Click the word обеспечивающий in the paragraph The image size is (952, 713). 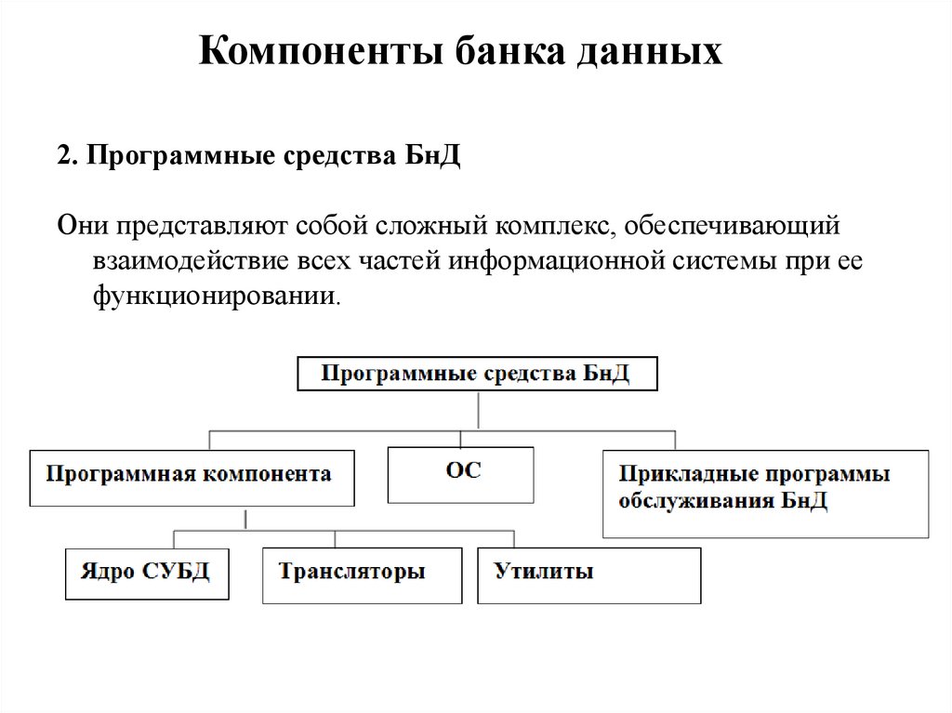coord(733,226)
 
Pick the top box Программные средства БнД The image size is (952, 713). coord(477,374)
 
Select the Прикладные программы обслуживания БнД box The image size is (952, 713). coord(764,493)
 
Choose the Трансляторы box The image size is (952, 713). coord(362,574)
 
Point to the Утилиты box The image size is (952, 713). coord(588,574)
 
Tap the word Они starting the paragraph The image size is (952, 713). coord(81,226)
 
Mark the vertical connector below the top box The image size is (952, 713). coord(478,409)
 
